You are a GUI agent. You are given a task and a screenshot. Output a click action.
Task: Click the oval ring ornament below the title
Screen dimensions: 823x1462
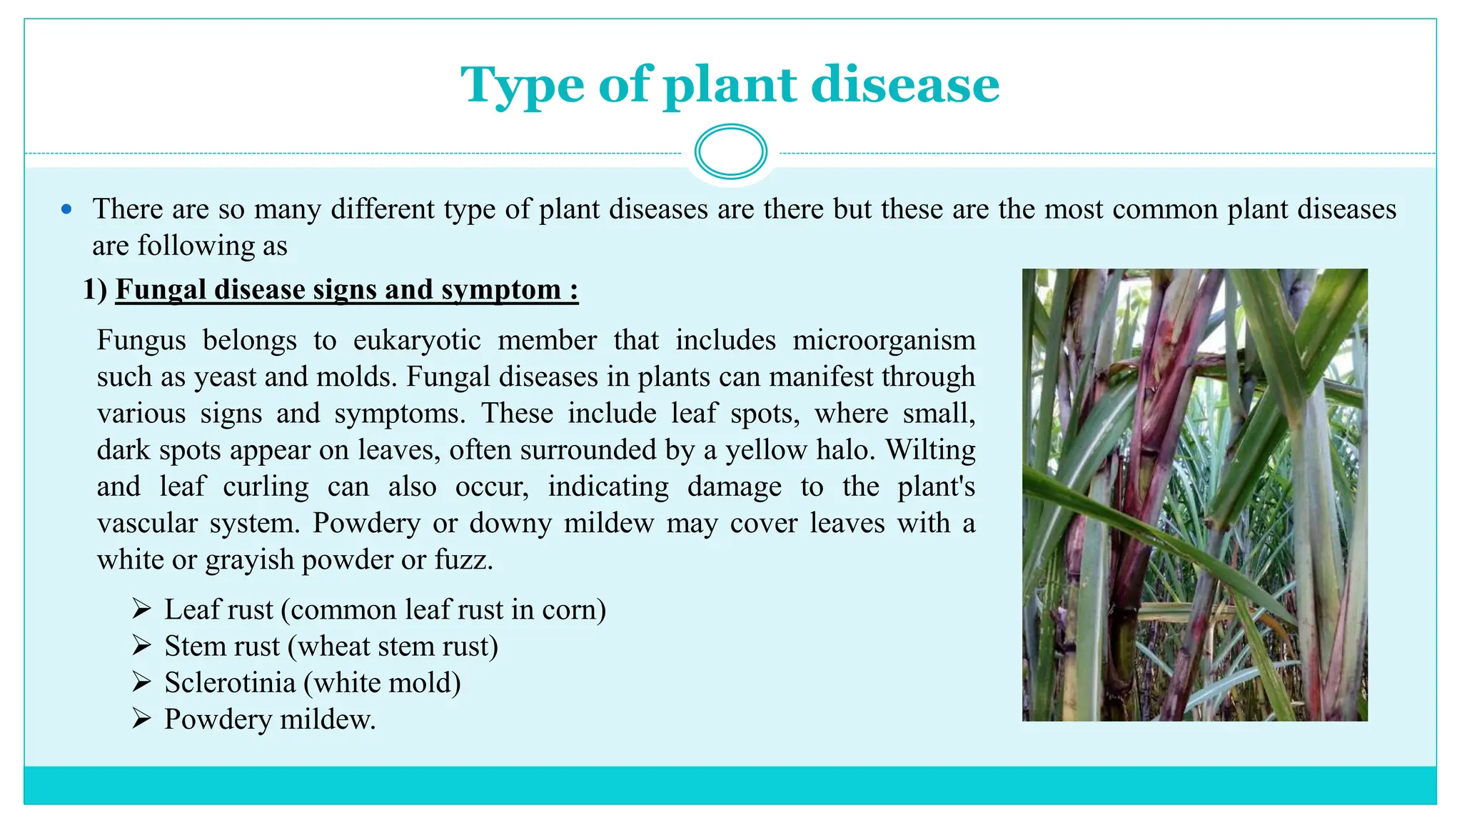(730, 151)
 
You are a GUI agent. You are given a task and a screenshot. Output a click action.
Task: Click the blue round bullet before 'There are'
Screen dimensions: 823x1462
(67, 209)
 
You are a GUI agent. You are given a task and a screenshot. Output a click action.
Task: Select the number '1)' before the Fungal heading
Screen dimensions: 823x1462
(95, 289)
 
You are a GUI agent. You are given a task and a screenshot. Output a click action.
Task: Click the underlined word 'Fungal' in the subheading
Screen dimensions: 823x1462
(160, 289)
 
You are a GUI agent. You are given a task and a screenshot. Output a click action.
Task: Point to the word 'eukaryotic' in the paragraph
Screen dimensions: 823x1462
(417, 340)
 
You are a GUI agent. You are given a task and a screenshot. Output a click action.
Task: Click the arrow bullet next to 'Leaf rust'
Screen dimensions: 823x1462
(141, 609)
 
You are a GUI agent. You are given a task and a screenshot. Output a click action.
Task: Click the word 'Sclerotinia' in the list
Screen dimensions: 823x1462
(230, 683)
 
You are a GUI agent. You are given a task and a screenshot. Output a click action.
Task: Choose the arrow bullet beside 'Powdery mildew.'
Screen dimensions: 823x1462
(141, 719)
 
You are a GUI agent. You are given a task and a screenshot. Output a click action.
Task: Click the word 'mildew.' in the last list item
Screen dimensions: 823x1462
(328, 719)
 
